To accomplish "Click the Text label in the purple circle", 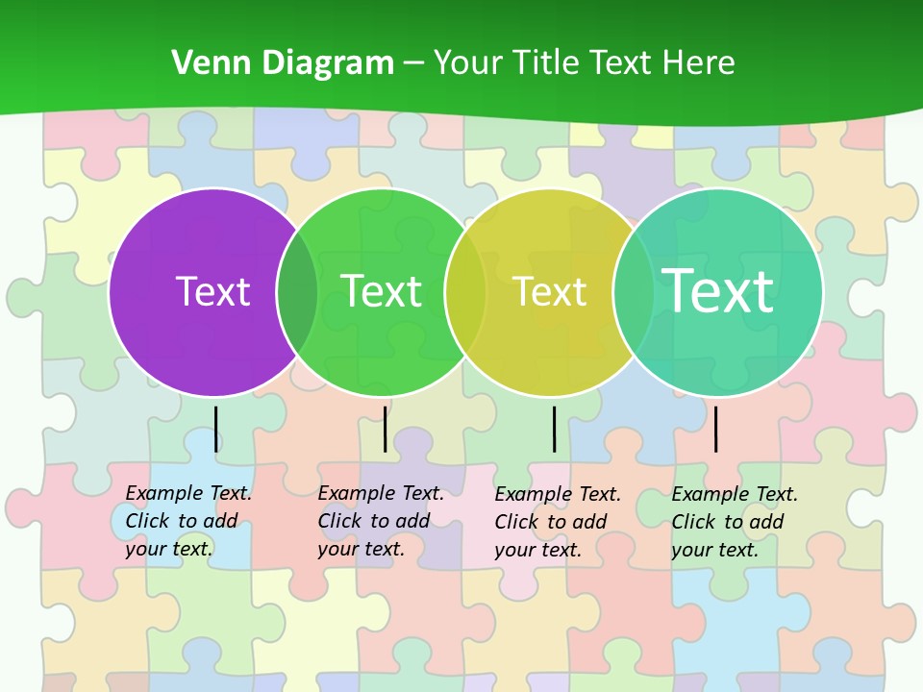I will pyautogui.click(x=212, y=291).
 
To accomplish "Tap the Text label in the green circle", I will pyautogui.click(x=381, y=291).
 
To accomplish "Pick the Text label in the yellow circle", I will pyautogui.click(x=549, y=291).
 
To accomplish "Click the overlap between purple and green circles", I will pyautogui.click(x=297, y=292).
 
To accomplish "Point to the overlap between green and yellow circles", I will pyautogui.click(x=465, y=292).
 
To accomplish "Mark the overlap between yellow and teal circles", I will pyautogui.click(x=634, y=292).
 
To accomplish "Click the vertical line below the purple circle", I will pyautogui.click(x=216, y=429).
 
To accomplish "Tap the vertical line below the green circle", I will pyautogui.click(x=385, y=429).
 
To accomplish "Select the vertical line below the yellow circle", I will pyautogui.click(x=554, y=429).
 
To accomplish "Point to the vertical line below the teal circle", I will pyautogui.click(x=715, y=429).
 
